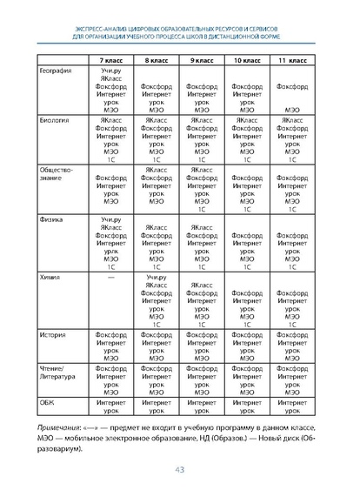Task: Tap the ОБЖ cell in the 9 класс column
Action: click(x=202, y=406)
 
